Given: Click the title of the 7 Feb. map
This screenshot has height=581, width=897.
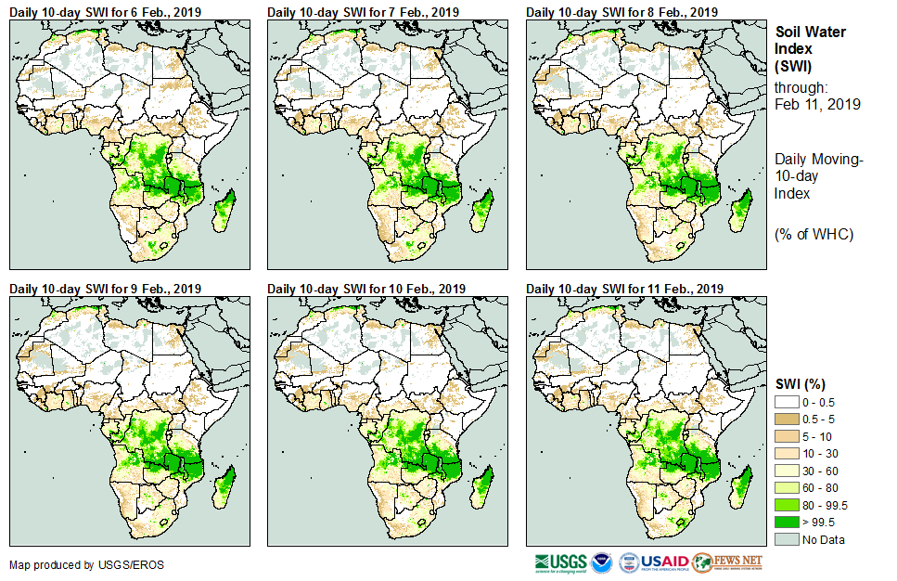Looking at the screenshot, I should coord(363,12).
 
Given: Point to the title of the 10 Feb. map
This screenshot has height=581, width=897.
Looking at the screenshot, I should coord(366,289).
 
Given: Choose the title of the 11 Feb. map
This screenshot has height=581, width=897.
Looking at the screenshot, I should coord(624,289).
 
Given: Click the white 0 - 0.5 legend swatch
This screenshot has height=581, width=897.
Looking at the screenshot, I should coord(786,401).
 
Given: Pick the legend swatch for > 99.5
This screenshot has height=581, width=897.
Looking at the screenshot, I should coord(786,523).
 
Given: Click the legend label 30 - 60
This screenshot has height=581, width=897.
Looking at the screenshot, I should coord(822,471).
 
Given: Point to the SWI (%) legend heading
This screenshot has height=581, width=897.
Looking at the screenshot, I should coord(801,383).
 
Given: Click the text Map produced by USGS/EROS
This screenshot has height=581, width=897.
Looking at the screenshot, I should coord(73,565).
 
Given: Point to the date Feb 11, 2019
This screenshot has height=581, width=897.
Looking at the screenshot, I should coord(817,104).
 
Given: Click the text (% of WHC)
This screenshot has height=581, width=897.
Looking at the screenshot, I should coord(814,234).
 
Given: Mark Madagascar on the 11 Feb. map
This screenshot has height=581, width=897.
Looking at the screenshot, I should coord(740,487).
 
